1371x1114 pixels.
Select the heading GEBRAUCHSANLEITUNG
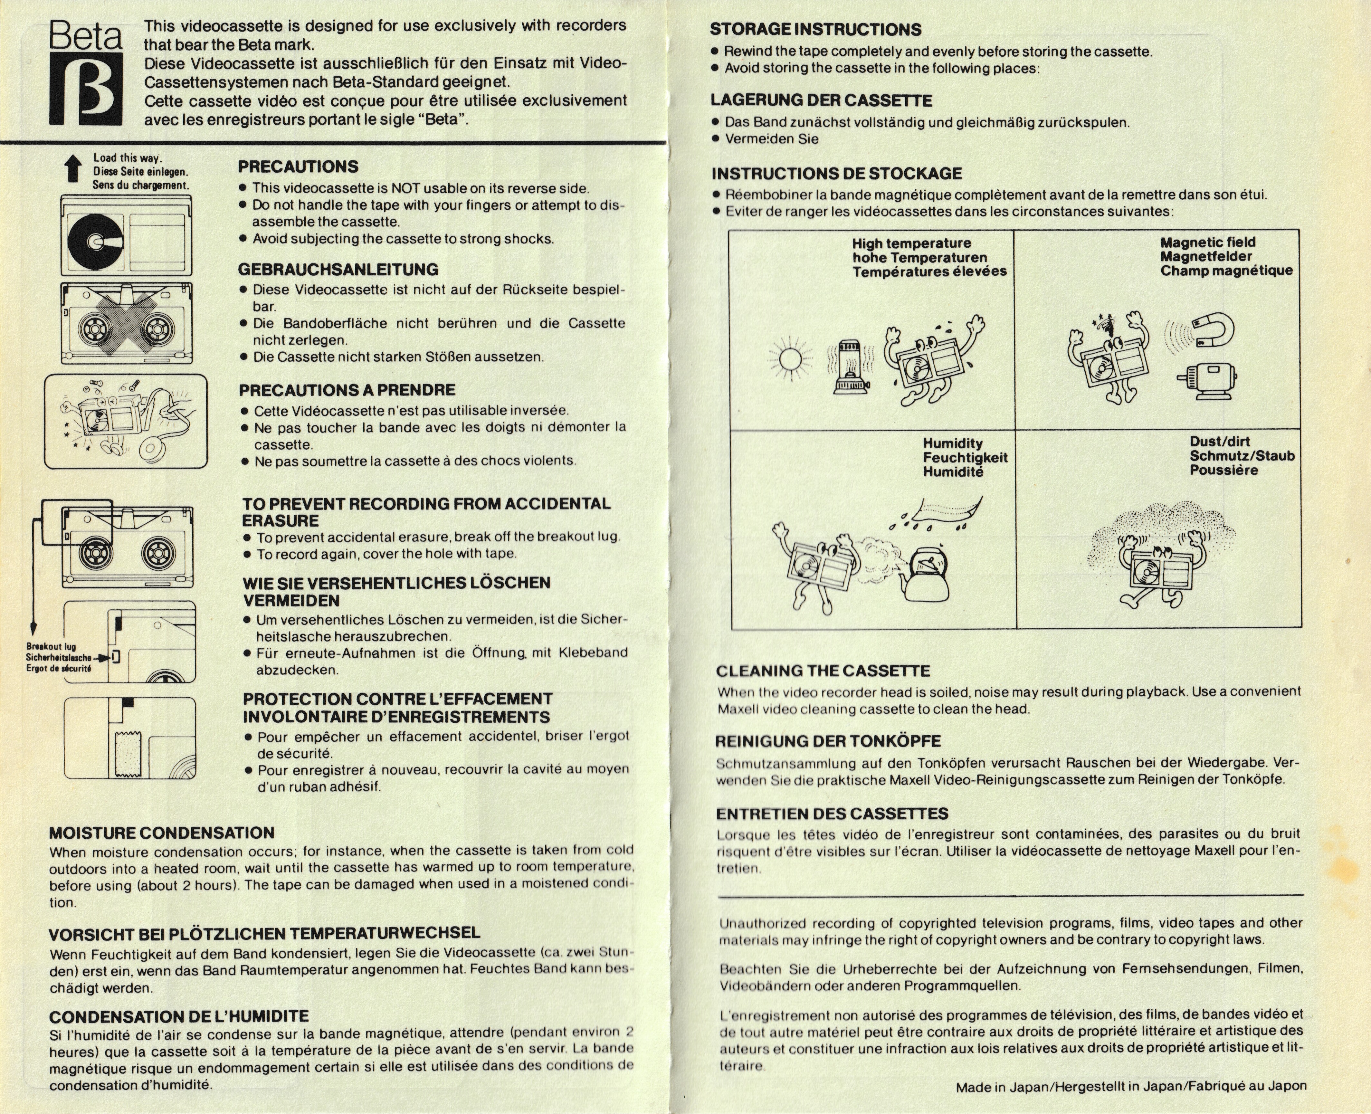[338, 270]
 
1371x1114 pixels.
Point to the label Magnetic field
[1208, 243]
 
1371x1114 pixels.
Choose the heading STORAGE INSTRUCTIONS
[815, 30]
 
